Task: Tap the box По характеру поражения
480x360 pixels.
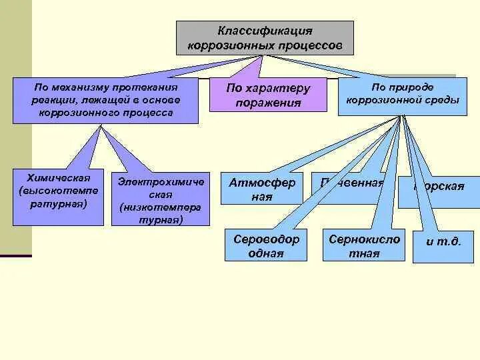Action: click(x=268, y=95)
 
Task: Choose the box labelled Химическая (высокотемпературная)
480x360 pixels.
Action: click(x=59, y=197)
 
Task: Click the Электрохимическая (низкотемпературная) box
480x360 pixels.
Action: click(x=160, y=199)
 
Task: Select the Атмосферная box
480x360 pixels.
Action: click(x=262, y=189)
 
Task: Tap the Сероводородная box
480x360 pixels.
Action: click(x=267, y=245)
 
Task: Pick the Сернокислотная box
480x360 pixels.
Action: click(x=364, y=245)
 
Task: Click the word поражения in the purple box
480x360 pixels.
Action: click(x=268, y=103)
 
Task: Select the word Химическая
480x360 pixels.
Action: click(x=59, y=178)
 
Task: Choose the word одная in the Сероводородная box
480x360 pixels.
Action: click(x=267, y=253)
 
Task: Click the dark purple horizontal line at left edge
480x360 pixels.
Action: click(x=15, y=256)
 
